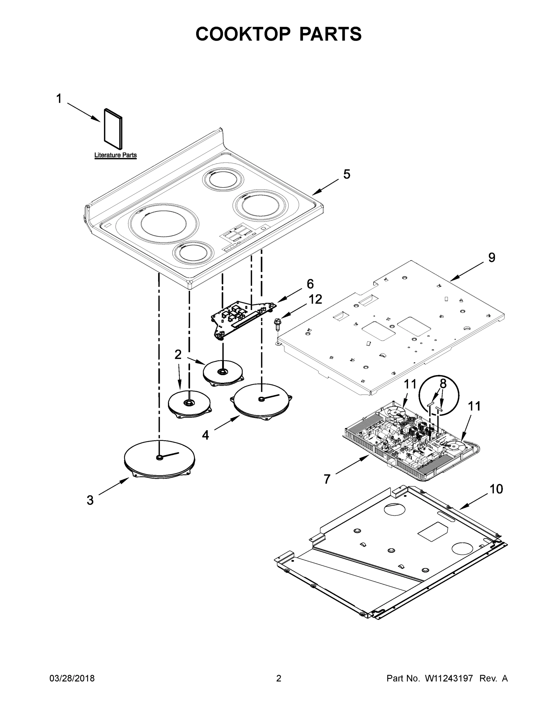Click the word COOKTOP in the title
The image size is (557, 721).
[243, 34]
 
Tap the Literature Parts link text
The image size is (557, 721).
[116, 155]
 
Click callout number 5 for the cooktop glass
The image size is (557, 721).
[347, 174]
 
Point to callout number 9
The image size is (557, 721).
[491, 258]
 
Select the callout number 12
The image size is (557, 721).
[315, 300]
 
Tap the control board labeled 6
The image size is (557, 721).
[243, 317]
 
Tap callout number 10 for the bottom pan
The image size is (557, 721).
[496, 489]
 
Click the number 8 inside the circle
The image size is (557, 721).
[443, 384]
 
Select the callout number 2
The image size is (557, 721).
[178, 354]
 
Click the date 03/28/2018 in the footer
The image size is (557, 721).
[72, 678]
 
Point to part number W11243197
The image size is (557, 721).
[449, 678]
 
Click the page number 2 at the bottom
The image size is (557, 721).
[279, 678]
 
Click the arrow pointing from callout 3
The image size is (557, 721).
[114, 487]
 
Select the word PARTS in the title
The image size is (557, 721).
[330, 34]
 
